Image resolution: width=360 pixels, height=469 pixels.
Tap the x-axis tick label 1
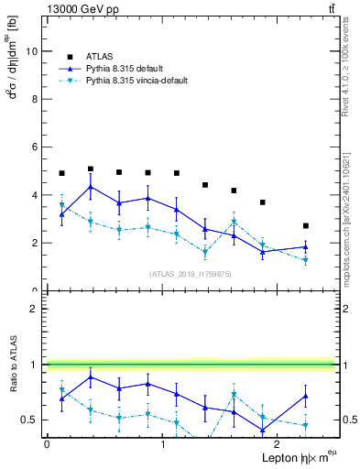tap(162, 443)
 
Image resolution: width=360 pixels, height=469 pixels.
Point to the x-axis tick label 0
tap(47, 443)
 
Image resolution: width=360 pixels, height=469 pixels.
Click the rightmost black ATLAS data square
tap(306, 225)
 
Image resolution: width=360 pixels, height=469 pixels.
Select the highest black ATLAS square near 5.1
tap(91, 169)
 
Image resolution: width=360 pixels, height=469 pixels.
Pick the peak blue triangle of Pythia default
tap(91, 187)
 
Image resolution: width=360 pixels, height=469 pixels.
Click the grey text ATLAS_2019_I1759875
tap(191, 274)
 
